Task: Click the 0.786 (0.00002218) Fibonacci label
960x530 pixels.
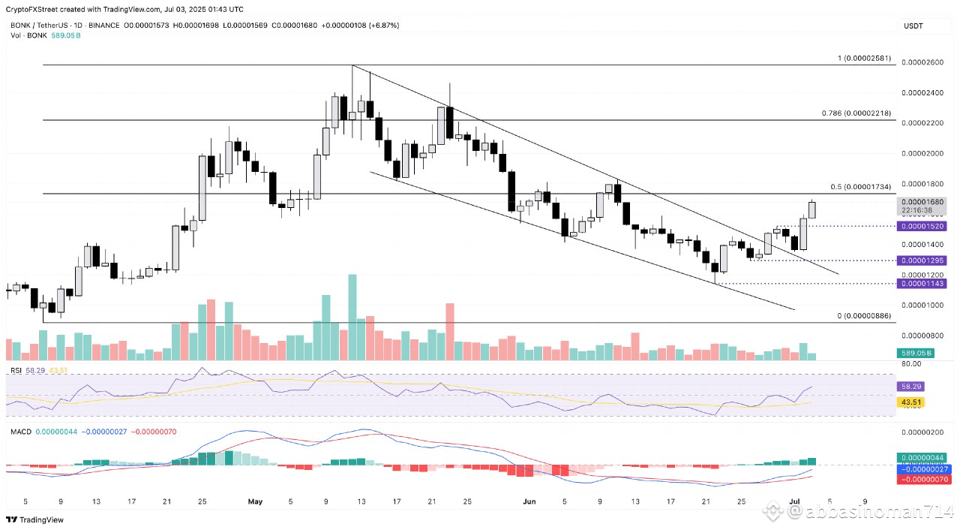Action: click(x=855, y=113)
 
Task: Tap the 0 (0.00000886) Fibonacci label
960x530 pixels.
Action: click(x=864, y=316)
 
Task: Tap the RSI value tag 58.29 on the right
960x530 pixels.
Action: click(x=911, y=386)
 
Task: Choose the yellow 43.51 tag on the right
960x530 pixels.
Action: click(x=911, y=403)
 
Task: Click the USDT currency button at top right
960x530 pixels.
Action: click(x=913, y=26)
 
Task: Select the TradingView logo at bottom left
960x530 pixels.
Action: click(x=35, y=519)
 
